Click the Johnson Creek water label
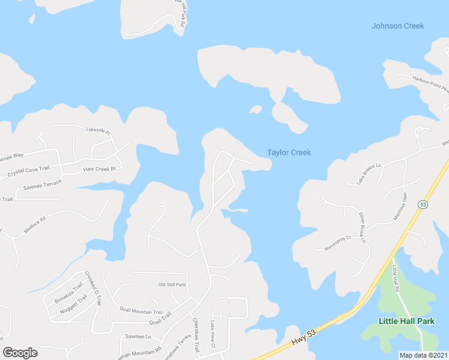point(397,26)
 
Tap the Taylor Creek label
point(289,153)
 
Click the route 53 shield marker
point(423,205)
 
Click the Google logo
point(20,353)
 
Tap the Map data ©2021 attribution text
point(423,355)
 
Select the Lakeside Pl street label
point(98,130)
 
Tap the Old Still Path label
point(172,284)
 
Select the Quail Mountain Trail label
point(141,312)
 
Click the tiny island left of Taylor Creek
point(256,110)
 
